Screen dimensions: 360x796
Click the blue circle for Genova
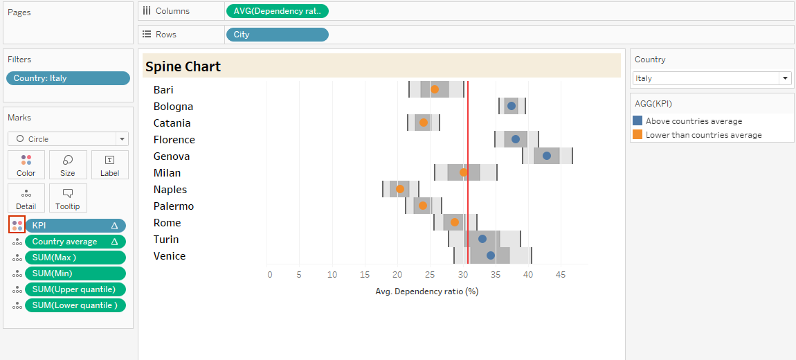(547, 156)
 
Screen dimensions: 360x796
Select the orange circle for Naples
(400, 189)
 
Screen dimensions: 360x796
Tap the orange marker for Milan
(464, 172)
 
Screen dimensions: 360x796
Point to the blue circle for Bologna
(512, 106)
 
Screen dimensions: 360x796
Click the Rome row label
(167, 223)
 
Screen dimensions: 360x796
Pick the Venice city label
(170, 256)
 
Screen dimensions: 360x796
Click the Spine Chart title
(183, 67)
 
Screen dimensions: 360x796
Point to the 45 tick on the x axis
(561, 275)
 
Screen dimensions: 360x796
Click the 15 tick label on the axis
(365, 275)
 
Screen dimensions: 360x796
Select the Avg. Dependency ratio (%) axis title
(427, 291)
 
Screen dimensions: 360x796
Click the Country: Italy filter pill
(68, 78)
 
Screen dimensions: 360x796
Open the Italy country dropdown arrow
(785, 78)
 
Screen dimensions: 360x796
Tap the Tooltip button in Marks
(68, 197)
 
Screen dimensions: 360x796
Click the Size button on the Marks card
(68, 165)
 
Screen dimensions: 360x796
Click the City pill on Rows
(277, 35)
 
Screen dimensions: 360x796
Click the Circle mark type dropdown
(68, 138)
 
